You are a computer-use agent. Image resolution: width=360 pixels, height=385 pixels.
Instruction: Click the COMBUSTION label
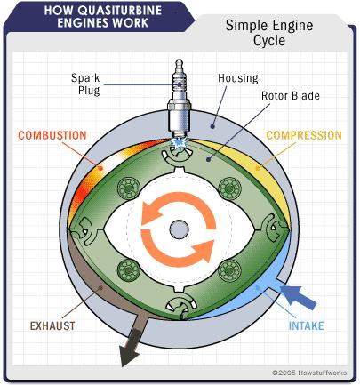coord(52,135)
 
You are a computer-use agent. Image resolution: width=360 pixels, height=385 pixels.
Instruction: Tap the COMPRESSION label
coord(304,135)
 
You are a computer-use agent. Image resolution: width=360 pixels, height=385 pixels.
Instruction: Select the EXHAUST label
coord(52,326)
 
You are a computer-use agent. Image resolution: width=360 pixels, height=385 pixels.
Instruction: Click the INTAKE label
coord(306,326)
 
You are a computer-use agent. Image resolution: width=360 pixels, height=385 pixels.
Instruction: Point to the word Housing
coord(238,78)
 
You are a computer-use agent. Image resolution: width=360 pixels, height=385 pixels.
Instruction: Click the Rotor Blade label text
coord(291,96)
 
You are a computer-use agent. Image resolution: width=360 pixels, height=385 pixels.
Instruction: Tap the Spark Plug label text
coord(85,84)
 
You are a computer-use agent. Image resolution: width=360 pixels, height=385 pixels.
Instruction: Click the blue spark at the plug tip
coord(178,143)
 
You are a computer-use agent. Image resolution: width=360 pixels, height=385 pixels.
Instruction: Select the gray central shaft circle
coord(179,229)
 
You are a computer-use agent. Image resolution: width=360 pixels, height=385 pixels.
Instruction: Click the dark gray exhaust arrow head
coord(130,354)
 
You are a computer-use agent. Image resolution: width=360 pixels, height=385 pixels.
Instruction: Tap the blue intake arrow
coord(298,297)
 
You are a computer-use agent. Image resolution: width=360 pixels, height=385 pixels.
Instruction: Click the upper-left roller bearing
coord(128,188)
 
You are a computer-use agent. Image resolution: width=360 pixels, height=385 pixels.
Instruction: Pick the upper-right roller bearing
coord(229,188)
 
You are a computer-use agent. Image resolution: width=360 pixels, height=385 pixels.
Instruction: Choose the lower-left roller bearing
coord(128,270)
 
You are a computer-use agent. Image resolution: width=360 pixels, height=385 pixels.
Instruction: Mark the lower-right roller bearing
coord(229,270)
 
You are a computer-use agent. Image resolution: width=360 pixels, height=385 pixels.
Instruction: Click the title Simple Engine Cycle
coord(269,33)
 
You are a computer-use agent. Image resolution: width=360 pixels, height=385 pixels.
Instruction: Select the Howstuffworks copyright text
coord(309,373)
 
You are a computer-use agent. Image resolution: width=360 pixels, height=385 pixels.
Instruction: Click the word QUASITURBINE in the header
coord(121,11)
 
